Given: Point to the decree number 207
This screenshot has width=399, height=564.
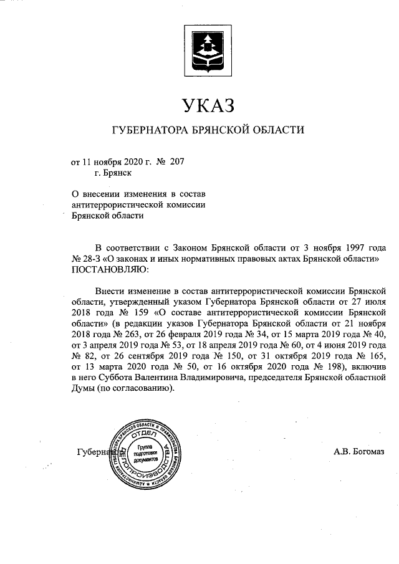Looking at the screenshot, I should tap(176, 161).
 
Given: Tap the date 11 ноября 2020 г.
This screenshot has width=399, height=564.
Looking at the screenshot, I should tap(115, 161).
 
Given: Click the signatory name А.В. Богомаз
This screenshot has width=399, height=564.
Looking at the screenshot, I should tap(359, 452).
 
